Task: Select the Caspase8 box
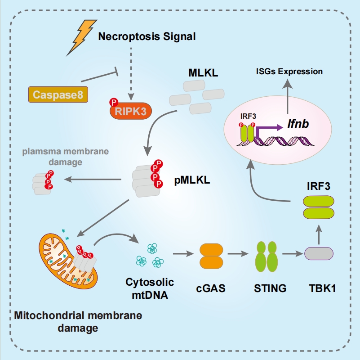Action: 57,94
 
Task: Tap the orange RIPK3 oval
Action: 131,111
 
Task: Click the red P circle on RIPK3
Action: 113,103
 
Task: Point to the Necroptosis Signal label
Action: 147,36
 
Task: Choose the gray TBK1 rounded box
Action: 319,254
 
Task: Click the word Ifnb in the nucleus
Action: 298,123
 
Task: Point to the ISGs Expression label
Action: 289,71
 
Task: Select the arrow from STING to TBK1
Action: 292,254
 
